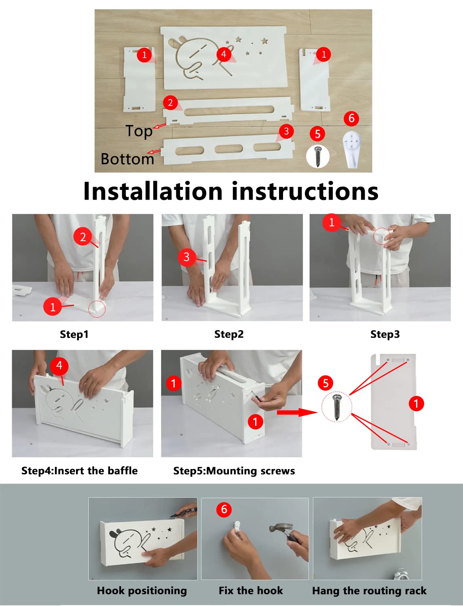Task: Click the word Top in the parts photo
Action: (x=139, y=131)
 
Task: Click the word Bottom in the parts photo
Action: (x=127, y=159)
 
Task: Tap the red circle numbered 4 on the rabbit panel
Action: (x=224, y=54)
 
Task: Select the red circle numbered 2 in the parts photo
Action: (x=170, y=103)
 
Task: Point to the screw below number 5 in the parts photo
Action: (x=318, y=156)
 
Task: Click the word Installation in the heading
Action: (x=153, y=191)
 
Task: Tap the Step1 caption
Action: (x=74, y=335)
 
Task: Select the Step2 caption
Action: (x=229, y=335)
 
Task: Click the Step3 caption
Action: (x=385, y=335)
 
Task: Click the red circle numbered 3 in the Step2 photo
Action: (x=186, y=257)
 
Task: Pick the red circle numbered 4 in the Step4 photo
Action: (x=59, y=366)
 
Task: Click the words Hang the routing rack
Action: (x=369, y=591)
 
